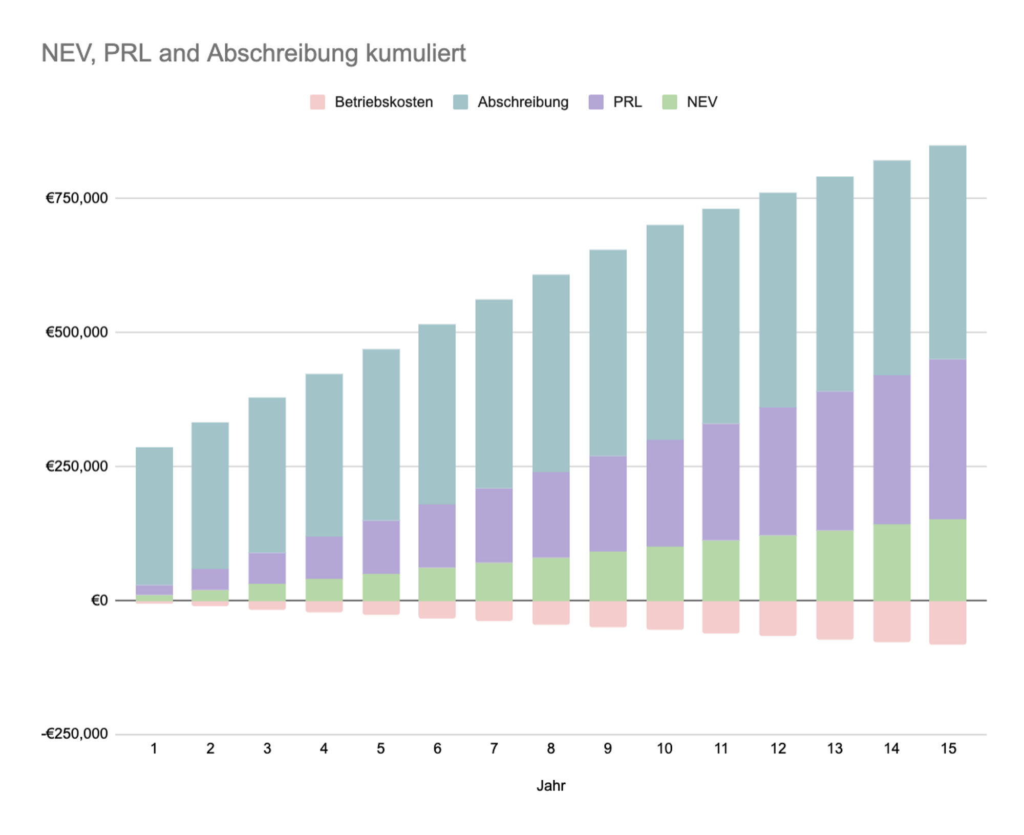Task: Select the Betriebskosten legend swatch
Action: coord(317,102)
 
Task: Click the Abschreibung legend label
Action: coord(523,102)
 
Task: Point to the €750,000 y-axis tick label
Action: coord(77,198)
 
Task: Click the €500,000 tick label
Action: coord(77,332)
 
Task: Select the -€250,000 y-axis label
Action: coord(75,734)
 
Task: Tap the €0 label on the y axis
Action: coord(99,600)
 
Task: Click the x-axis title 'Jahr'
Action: coord(551,786)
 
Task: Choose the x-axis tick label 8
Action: coord(551,749)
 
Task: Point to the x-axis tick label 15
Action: coord(948,749)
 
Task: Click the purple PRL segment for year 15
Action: coord(948,439)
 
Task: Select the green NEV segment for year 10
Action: coord(665,573)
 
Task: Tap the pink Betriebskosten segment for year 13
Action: coord(835,620)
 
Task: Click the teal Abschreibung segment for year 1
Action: coord(154,516)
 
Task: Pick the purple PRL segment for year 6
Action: coord(437,535)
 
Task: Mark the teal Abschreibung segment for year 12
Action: coord(778,300)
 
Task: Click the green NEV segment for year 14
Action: coord(891,562)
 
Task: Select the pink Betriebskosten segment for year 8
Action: coord(551,612)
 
